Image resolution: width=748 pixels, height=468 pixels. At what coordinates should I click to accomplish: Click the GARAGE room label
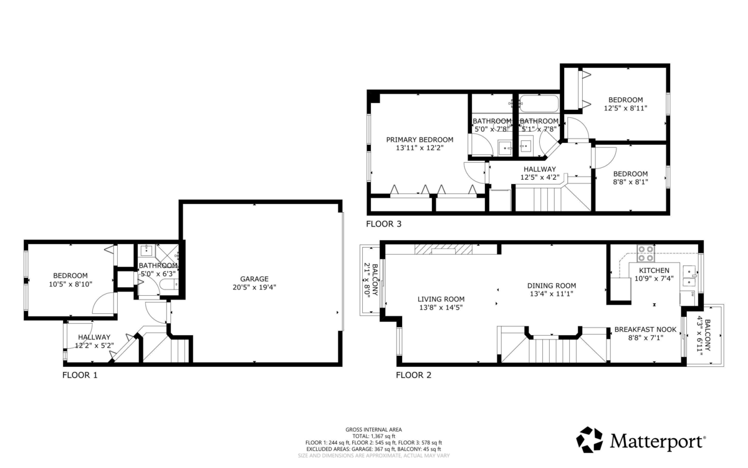pos(254,279)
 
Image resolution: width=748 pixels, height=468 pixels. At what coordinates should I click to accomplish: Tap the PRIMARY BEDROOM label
pos(420,140)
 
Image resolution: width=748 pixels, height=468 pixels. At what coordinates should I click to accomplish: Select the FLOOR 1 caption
pos(80,375)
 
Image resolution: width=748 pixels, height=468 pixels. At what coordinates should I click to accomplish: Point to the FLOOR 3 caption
pos(383,223)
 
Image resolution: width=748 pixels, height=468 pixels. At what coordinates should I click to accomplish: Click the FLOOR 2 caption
pos(413,375)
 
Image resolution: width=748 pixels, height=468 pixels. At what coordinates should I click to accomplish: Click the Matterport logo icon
pos(589,439)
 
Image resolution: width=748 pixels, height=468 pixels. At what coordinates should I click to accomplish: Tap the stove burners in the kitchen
pos(645,253)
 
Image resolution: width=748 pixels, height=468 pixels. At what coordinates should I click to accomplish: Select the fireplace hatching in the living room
pos(443,250)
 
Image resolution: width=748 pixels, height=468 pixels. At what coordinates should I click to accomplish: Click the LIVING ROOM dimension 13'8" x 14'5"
pos(441,307)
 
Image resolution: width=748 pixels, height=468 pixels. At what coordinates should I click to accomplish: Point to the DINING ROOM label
pos(551,285)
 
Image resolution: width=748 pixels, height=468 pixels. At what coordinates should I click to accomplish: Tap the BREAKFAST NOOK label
pos(645,329)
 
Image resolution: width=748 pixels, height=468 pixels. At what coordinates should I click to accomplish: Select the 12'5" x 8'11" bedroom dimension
pos(625,108)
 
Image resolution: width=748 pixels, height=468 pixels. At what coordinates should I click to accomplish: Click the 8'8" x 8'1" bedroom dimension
pos(630,182)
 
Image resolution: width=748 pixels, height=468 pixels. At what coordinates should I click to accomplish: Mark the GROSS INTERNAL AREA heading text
pos(373,429)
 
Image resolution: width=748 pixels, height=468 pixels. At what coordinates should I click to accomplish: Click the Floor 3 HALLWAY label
pos(539,169)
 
